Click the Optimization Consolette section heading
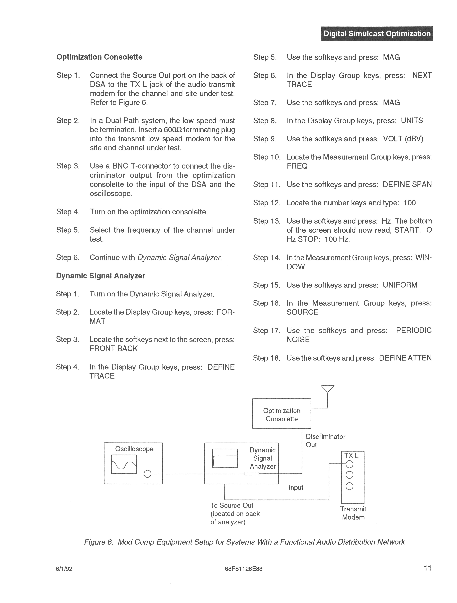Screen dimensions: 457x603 pyautogui.click(x=99, y=57)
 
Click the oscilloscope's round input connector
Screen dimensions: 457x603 pyautogui.click(x=147, y=474)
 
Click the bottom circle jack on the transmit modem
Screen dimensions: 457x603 pyautogui.click(x=349, y=486)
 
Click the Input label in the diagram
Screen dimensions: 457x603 pyautogui.click(x=296, y=487)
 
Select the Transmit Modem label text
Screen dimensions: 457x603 pyautogui.click(x=353, y=513)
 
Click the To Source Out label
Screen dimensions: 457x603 pyautogui.click(x=232, y=505)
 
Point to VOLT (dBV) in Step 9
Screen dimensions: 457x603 pyautogui.click(x=403, y=139)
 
